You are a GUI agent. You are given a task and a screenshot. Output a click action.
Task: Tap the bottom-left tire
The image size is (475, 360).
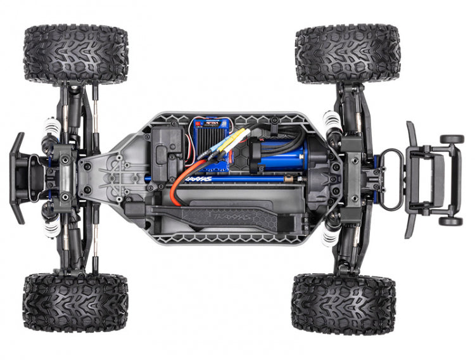[75, 303]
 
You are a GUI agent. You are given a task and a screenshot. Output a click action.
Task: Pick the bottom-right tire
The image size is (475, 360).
[344, 304]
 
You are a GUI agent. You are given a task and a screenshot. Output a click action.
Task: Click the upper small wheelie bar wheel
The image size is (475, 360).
[452, 139]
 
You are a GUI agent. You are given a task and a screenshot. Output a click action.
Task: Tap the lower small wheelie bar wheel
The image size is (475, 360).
[451, 221]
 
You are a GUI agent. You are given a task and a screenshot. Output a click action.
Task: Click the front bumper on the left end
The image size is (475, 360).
[18, 178]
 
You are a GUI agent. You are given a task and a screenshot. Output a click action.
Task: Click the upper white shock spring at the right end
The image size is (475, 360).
[331, 121]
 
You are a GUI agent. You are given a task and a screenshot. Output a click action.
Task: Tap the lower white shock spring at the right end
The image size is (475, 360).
[330, 235]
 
